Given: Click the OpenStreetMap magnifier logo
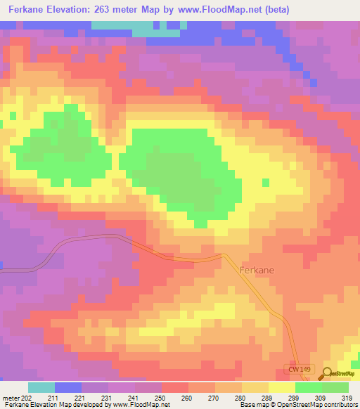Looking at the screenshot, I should [x=327, y=373].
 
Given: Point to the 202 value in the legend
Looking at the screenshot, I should [x=27, y=398].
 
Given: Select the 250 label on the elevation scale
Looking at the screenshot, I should [x=161, y=398].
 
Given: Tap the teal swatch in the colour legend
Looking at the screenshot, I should [x=41, y=387].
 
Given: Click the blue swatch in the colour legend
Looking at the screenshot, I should [x=68, y=387].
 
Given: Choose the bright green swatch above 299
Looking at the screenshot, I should [x=309, y=387].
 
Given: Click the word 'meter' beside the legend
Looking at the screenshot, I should [x=11, y=398].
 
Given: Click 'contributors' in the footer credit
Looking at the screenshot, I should [x=340, y=405].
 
